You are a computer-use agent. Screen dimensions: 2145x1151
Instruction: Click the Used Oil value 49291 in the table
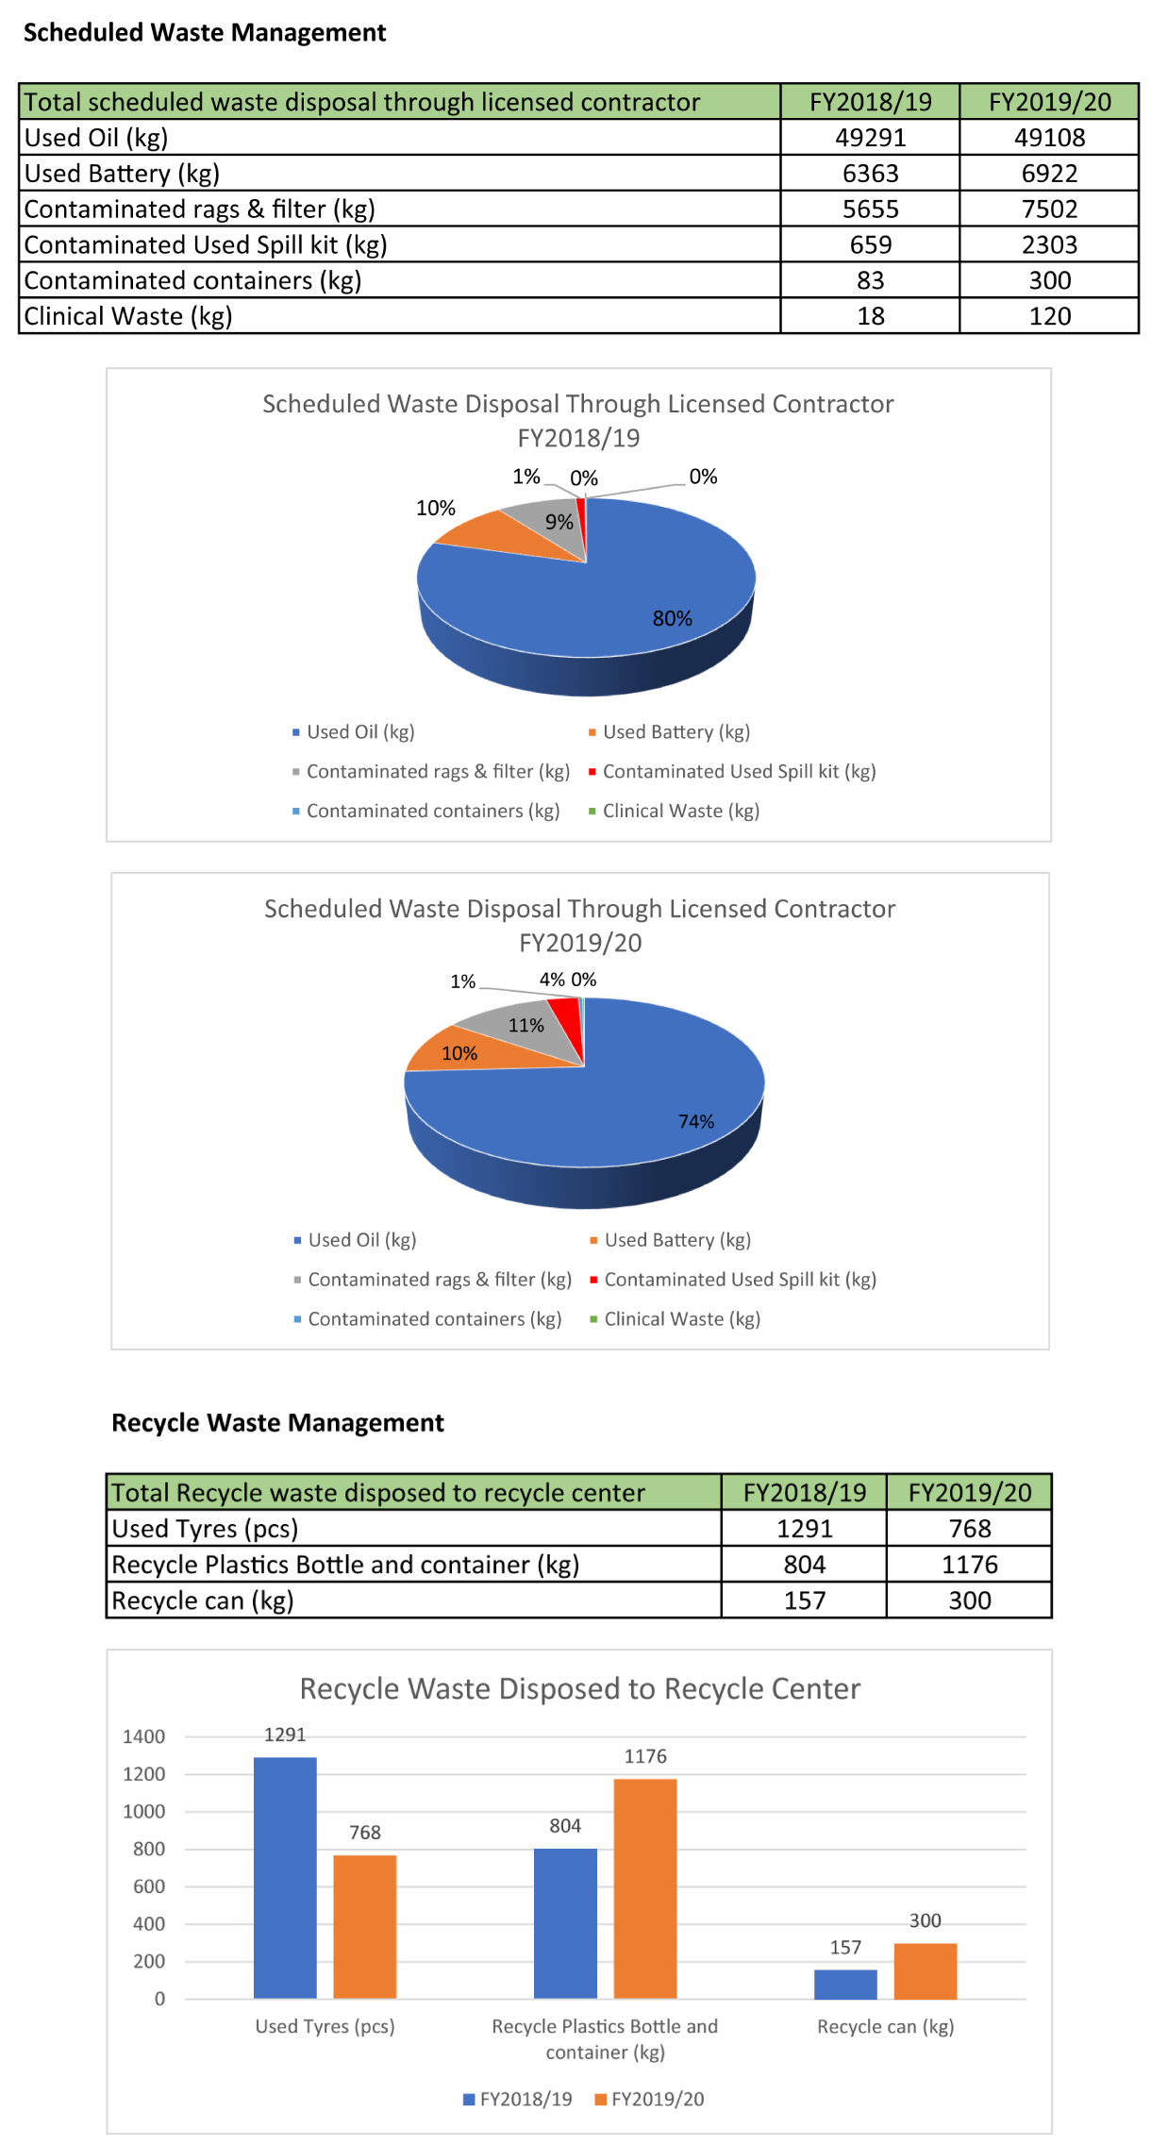[870, 138]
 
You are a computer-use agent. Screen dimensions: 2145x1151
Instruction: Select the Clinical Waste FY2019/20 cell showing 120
[1049, 316]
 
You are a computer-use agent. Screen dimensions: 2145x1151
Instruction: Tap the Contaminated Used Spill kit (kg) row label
[206, 245]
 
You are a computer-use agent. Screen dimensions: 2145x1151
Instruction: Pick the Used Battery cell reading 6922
[1049, 174]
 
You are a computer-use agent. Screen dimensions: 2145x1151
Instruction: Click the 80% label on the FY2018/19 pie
[672, 618]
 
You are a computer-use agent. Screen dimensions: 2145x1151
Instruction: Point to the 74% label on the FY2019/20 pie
[696, 1121]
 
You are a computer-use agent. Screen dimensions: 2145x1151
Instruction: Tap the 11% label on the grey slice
[525, 1026]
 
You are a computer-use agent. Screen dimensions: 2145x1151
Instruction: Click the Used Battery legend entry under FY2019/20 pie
[676, 1240]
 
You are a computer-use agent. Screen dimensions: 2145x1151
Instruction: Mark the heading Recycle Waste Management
[277, 1423]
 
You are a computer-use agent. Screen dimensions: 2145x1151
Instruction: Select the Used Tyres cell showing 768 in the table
[969, 1529]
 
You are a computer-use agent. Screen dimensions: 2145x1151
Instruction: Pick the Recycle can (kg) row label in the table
[203, 1600]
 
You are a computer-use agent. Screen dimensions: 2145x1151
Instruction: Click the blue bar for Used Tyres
[285, 1878]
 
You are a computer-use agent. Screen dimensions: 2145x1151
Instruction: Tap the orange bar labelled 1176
[645, 1888]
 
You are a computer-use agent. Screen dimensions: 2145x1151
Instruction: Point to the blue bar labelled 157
[845, 1984]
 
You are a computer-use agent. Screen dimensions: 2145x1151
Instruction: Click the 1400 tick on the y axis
[143, 1736]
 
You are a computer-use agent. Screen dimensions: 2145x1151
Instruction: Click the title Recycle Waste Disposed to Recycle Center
[579, 1689]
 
